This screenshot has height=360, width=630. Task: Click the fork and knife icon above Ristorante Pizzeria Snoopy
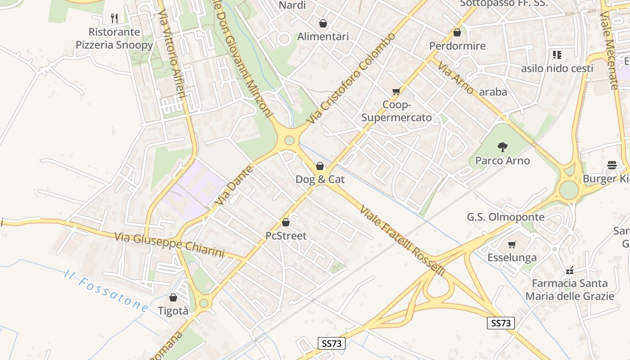(114, 18)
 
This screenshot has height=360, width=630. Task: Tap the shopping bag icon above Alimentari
(323, 23)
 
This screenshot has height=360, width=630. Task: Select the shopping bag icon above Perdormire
(457, 32)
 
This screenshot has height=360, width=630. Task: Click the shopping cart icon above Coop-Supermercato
(396, 92)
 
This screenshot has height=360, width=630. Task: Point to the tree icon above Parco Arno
(502, 147)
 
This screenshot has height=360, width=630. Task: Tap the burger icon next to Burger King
(612, 165)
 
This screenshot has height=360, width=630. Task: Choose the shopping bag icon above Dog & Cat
(319, 166)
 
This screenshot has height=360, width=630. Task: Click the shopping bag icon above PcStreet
(285, 222)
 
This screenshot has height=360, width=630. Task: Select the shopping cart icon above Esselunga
(512, 245)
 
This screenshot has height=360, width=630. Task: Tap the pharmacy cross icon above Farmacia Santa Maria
(570, 270)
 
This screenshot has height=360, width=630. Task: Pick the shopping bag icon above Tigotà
(173, 297)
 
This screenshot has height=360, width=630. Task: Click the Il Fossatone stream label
(106, 291)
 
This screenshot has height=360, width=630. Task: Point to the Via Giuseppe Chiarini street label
(169, 244)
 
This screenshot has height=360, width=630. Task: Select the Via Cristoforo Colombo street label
(352, 78)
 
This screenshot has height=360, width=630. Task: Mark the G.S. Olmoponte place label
(505, 217)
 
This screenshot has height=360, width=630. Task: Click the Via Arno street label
(455, 78)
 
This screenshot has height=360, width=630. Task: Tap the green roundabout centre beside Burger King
(569, 190)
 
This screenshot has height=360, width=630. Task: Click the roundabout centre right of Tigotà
(203, 303)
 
